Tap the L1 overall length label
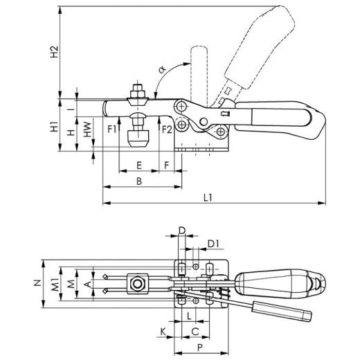(208, 197)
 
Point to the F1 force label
(111, 129)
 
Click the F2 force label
(166, 129)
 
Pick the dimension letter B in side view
(139, 181)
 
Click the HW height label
(87, 129)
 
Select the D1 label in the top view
(214, 243)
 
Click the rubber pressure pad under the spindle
(138, 141)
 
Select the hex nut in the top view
(138, 284)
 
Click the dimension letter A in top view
(87, 282)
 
